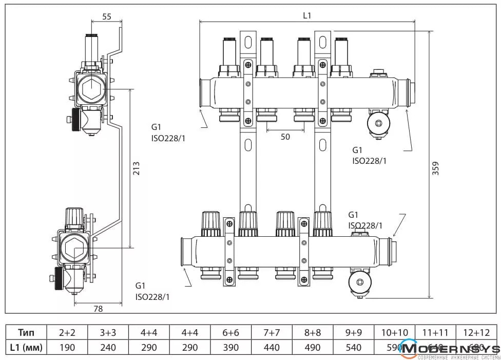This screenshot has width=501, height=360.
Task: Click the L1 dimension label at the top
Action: tap(306, 15)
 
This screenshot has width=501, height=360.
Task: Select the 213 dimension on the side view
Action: tap(136, 168)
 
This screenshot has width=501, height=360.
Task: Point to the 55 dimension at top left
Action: tap(107, 16)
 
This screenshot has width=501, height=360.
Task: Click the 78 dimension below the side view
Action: tap(98, 309)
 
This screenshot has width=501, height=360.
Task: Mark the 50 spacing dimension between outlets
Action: tap(285, 137)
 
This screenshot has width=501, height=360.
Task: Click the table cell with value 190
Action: tap(67, 347)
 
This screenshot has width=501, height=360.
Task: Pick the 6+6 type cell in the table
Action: tap(231, 332)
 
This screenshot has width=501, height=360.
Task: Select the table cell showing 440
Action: tap(272, 347)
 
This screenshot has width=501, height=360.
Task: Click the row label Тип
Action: tap(26, 332)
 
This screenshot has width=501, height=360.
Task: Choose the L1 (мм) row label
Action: tap(26, 347)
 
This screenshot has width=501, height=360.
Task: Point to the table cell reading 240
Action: tap(108, 347)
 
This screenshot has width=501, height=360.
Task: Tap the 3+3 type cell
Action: tap(108, 332)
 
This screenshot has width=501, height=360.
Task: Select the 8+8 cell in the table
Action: tap(313, 332)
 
